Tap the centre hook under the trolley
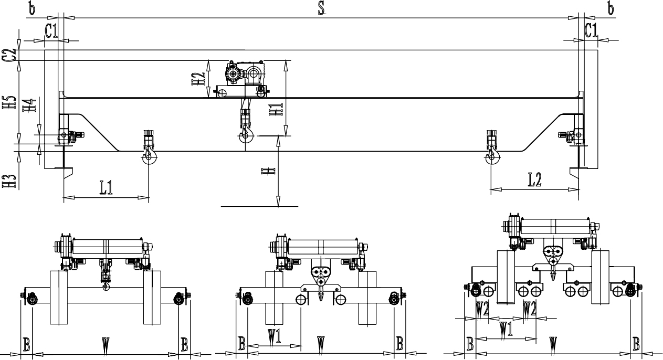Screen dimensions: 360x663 [x=246, y=136]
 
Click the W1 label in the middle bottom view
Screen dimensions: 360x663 [x=274, y=336]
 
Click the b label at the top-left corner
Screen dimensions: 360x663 [x=32, y=9]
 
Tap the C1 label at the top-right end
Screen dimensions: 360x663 [x=591, y=31]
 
